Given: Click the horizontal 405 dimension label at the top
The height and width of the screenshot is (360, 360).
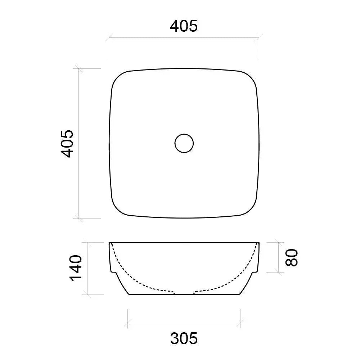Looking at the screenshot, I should click(x=184, y=26).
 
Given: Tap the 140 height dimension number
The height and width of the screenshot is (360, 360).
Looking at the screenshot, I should click(x=76, y=268).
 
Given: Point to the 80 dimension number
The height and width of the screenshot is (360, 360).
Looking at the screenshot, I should click(x=292, y=257).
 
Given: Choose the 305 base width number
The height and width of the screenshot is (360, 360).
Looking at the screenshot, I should click(x=184, y=338).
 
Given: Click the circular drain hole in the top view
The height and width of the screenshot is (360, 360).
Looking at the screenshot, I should click(x=184, y=143).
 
